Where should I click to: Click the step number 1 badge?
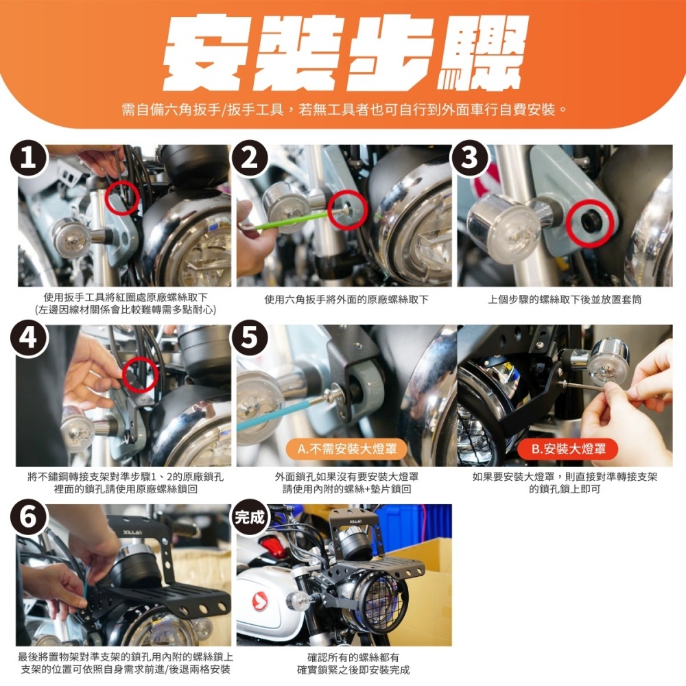(28, 158)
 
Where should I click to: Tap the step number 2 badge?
(250, 158)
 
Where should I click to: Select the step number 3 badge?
(470, 158)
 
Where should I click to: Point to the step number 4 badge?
(28, 338)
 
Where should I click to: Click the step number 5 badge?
(250, 338)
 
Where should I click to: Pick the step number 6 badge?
(28, 517)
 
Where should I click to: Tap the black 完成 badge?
(250, 517)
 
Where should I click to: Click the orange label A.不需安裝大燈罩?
(347, 449)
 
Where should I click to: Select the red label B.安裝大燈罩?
(568, 449)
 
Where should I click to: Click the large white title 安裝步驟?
(346, 53)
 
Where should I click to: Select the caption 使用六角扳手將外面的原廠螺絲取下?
(346, 300)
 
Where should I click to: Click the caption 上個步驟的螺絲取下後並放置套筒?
(565, 300)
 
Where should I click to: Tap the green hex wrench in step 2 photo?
(293, 220)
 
